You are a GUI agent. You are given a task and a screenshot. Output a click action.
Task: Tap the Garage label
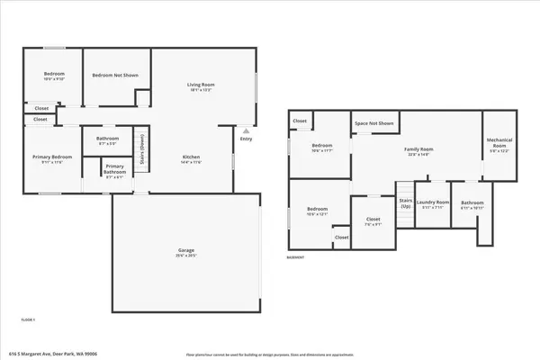pyautogui.click(x=187, y=252)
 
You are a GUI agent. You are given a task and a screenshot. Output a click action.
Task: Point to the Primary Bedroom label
pyautogui.click(x=46, y=158)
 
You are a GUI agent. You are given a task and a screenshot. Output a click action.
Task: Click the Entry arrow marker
pyautogui.click(x=245, y=130)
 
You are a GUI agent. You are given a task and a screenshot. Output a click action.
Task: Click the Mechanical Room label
pyautogui.click(x=499, y=145)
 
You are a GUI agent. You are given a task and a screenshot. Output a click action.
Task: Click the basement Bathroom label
pyautogui.click(x=466, y=205)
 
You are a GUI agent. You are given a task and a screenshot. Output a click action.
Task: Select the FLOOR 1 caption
pyautogui.click(x=29, y=319)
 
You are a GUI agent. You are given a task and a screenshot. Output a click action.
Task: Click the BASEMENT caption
pyautogui.click(x=296, y=257)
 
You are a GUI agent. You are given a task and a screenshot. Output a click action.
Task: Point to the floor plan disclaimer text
pyautogui.click(x=268, y=354)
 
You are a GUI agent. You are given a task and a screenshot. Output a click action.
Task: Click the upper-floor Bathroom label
pyautogui.click(x=108, y=140)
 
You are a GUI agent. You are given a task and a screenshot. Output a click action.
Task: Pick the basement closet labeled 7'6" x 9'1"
pyautogui.click(x=373, y=221)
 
